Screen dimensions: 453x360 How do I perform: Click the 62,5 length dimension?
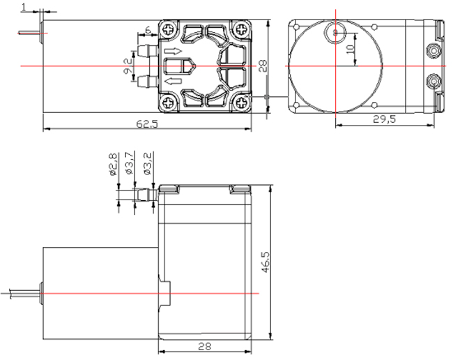[147, 124]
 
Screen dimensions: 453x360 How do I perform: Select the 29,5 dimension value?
[384, 119]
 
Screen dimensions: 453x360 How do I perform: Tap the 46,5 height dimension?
[266, 262]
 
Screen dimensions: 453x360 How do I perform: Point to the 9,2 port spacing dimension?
[128, 66]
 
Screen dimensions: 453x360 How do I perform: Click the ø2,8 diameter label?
[113, 164]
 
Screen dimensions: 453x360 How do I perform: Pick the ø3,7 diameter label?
[130, 163]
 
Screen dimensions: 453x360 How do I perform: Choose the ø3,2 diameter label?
[147, 164]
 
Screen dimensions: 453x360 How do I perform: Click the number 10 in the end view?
[350, 49]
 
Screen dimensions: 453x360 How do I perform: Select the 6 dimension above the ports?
[148, 30]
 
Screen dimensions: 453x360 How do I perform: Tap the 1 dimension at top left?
[24, 7]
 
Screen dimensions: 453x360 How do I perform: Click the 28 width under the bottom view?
[204, 346]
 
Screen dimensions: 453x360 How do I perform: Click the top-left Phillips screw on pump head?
[169, 29]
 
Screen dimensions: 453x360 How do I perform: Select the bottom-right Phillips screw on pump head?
[241, 103]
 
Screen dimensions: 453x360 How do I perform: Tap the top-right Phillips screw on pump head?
[241, 29]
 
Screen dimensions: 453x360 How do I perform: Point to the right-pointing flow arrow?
[173, 52]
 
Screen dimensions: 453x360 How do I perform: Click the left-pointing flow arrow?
[173, 81]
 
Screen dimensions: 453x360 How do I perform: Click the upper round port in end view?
[433, 51]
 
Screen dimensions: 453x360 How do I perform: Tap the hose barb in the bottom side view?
[147, 195]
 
